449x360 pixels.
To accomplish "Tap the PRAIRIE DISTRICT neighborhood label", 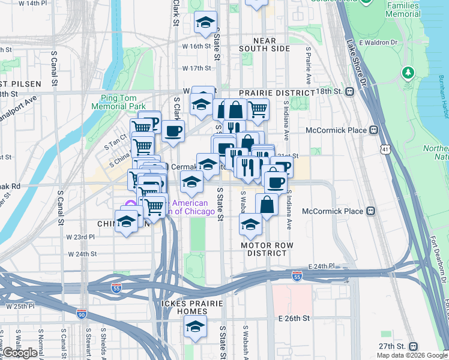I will tap(277, 93).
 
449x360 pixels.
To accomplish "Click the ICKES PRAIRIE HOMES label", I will tap(191, 307).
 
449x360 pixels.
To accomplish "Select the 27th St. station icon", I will tap(413, 346).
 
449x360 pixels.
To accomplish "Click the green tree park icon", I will tap(408, 73).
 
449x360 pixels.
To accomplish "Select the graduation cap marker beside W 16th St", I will tap(205, 23).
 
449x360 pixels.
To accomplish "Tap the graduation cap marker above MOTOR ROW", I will tap(250, 224).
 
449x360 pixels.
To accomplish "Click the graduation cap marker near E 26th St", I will tap(195, 327).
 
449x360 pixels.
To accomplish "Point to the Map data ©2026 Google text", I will tap(412, 355).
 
